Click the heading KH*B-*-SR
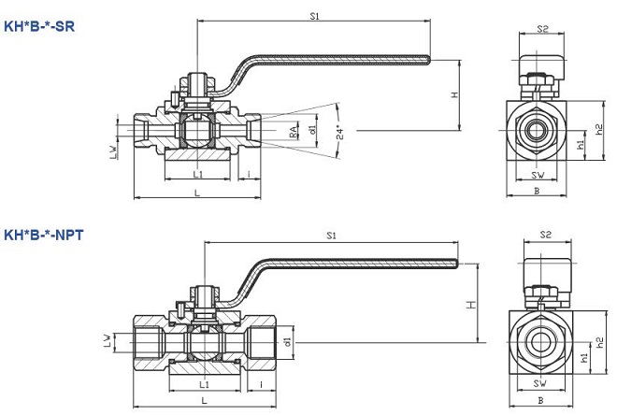coord(38,26)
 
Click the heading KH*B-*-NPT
coord(43,234)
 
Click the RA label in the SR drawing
coord(294,134)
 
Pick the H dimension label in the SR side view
coord(453,95)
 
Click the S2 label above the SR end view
coord(542,30)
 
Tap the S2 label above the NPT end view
coord(546,235)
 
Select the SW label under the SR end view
coord(538,175)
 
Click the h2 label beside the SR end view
coord(600,128)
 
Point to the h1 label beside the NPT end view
coord(585,356)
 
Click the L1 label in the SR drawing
coord(197,175)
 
